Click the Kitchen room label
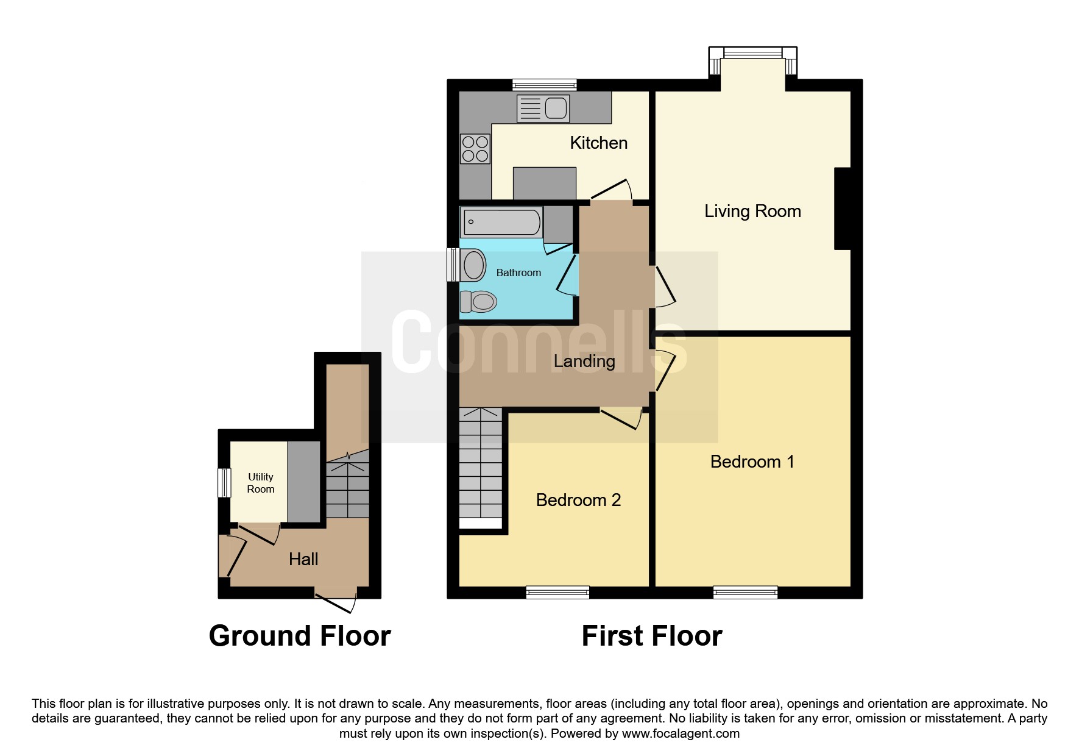point(598,143)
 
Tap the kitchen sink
point(542,109)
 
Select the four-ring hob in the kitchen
point(475,149)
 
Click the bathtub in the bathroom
point(501,222)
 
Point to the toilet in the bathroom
point(479,301)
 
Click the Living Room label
point(752,211)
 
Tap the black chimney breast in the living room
point(842,208)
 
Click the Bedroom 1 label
point(752,462)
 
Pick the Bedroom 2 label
point(578,500)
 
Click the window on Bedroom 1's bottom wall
point(745,591)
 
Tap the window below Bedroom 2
point(557,591)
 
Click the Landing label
point(584,361)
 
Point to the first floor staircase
point(481,466)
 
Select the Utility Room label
point(260,483)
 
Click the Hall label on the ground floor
point(303,559)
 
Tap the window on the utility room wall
point(225,482)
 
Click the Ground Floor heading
point(299,636)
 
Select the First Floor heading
point(651,636)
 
